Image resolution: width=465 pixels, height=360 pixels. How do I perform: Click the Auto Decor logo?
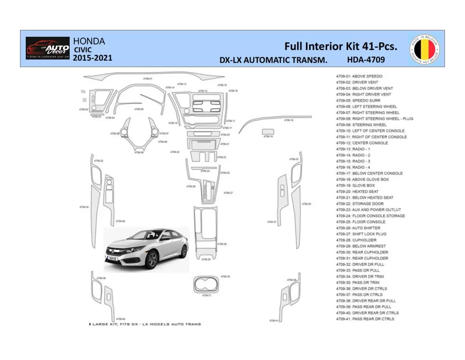48,48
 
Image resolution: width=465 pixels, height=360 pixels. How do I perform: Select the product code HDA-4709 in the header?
365,59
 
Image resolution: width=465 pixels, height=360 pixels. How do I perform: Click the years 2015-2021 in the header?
92,58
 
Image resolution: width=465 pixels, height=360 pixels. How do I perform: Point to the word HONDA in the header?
89,41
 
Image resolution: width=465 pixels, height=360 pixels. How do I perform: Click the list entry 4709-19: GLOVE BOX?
355,185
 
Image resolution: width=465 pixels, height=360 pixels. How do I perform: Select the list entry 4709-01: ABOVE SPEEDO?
359,76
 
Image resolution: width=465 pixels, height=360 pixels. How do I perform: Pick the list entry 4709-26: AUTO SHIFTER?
358,228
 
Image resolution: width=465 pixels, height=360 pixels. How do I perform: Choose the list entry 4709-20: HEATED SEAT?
357,191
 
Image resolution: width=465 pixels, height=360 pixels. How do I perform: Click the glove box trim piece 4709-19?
268,131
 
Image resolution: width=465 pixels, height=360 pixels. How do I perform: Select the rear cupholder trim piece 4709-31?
206,285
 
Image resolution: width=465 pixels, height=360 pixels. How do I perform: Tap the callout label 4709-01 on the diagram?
148,78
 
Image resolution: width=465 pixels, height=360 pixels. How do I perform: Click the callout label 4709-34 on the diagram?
84,207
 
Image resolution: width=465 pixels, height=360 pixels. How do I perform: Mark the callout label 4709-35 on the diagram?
306,204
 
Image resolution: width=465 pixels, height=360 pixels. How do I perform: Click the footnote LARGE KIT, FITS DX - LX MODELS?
145,324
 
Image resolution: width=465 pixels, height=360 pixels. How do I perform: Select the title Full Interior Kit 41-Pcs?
341,46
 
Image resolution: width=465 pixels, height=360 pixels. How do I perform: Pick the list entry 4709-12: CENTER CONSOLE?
362,143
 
